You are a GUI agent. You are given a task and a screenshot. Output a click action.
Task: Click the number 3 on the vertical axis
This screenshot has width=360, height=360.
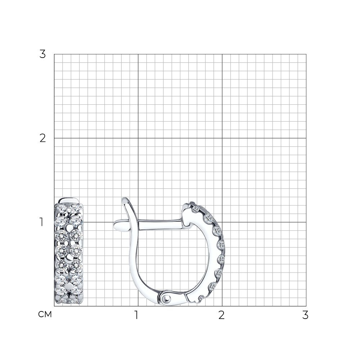pyautogui.click(x=43, y=54)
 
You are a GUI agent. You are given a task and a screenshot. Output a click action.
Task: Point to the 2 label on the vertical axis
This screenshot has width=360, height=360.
pyautogui.click(x=43, y=138)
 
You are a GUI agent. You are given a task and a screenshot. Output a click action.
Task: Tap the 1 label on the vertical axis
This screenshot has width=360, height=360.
pyautogui.click(x=41, y=222)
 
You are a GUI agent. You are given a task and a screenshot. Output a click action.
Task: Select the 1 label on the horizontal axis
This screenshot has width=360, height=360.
pyautogui.click(x=136, y=315)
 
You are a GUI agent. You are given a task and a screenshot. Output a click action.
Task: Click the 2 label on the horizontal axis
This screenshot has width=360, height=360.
pyautogui.click(x=221, y=315)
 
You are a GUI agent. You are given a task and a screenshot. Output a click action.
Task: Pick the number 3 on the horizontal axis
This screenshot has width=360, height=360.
pyautogui.click(x=305, y=315)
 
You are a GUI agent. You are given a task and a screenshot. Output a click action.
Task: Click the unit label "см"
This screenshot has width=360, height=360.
pyautogui.click(x=45, y=315)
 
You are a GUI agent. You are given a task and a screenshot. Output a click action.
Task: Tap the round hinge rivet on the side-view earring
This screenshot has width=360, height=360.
pyautogui.click(x=167, y=298)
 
